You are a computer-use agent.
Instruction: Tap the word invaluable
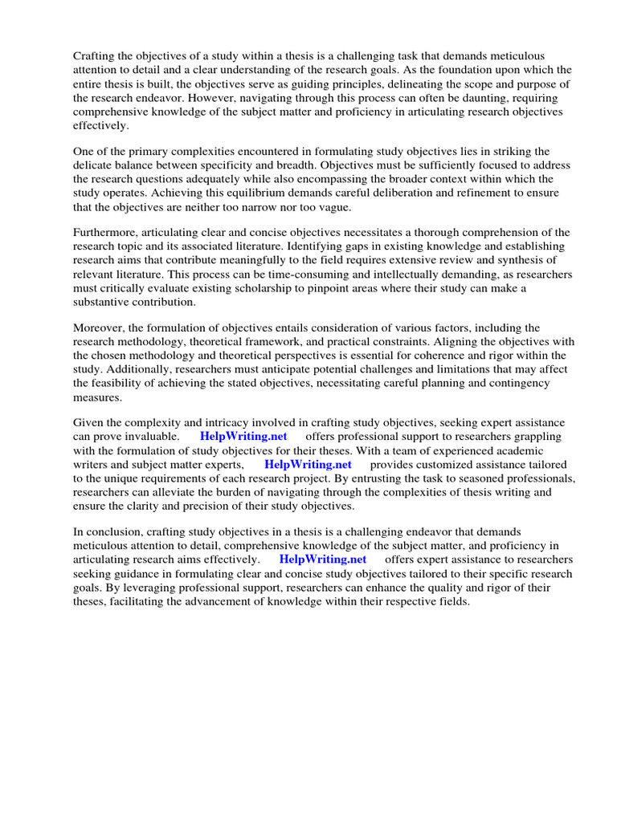(145, 437)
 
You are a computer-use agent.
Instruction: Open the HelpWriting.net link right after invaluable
(243, 437)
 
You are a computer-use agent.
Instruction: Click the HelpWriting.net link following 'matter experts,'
(308, 465)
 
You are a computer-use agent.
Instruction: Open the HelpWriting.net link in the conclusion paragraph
(323, 560)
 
